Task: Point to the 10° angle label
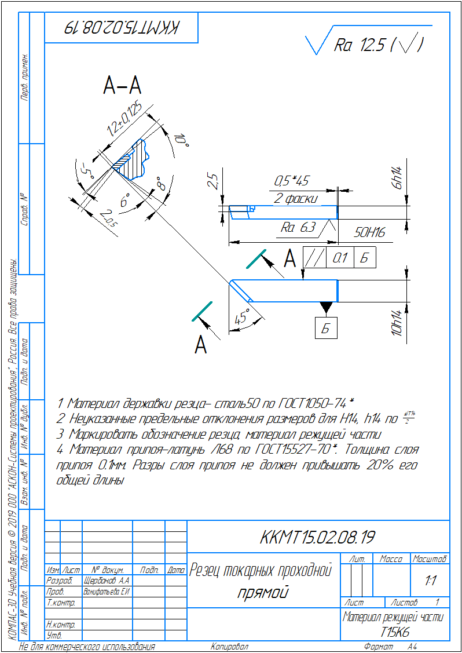pos(181,140)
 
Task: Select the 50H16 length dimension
pos(369,232)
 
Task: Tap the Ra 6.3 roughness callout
pos(298,228)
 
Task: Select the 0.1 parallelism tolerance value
pos(340,258)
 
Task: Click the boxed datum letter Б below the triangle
pos(326,329)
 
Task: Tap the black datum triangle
pos(326,307)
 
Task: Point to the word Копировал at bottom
pos(229,647)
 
